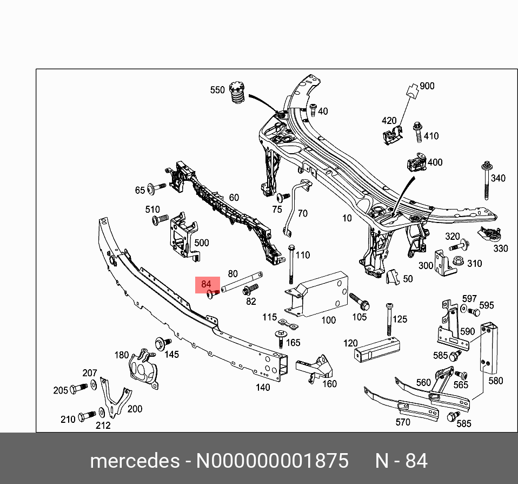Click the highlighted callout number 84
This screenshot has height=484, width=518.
[x=206, y=284]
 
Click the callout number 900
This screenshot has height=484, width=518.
[x=427, y=86]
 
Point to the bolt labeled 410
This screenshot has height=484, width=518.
[x=418, y=132]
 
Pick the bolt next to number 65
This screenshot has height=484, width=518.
[x=157, y=188]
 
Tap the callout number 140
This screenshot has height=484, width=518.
[x=263, y=387]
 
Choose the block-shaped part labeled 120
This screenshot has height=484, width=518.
[x=374, y=348]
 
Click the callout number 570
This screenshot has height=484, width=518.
[x=403, y=422]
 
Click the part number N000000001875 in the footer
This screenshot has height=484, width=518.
[x=272, y=461]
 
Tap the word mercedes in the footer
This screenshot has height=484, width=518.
[x=135, y=461]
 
